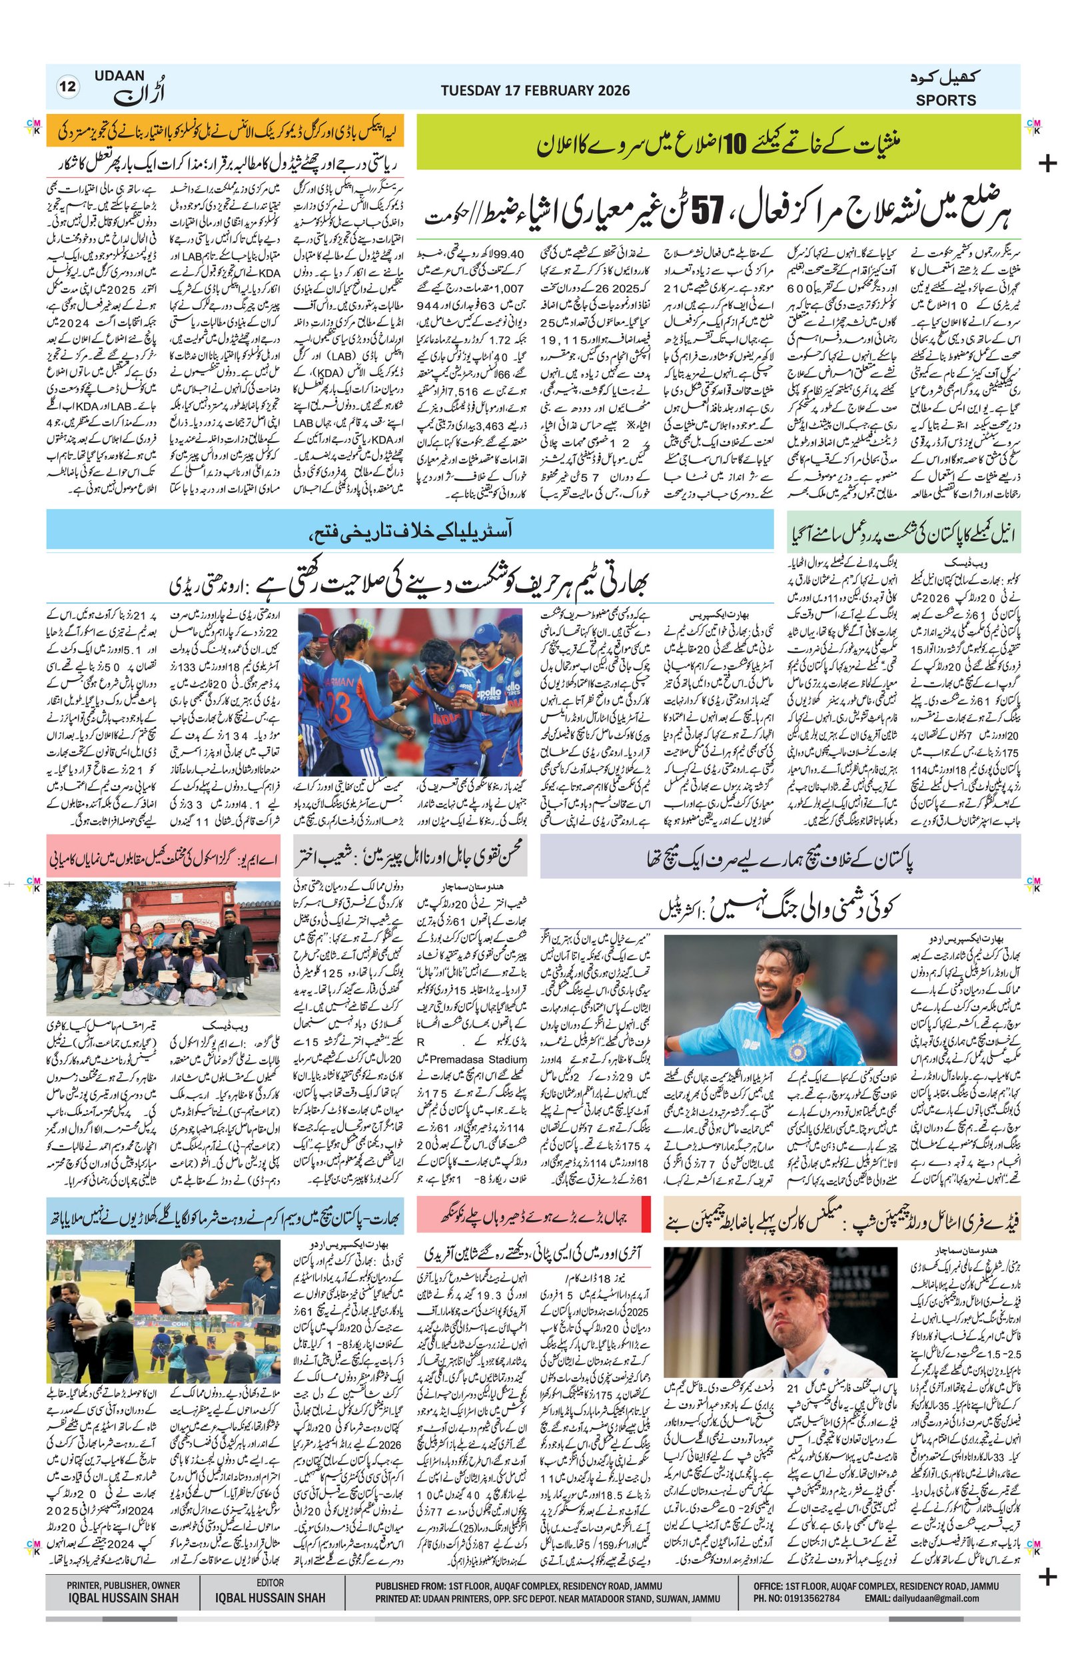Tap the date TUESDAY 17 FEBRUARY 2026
(x=535, y=91)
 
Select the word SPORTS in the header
(x=945, y=99)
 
